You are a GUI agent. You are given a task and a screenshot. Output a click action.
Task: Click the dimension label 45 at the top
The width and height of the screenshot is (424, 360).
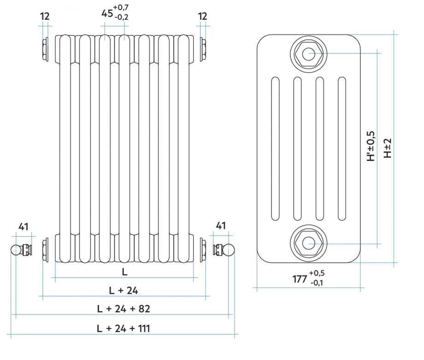[107, 13]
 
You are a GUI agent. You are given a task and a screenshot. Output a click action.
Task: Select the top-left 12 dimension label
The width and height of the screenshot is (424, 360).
[45, 16]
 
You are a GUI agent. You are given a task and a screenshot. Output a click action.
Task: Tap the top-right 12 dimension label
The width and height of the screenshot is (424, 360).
[203, 16]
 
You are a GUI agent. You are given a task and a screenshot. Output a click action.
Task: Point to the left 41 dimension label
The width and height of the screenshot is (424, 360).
[24, 226]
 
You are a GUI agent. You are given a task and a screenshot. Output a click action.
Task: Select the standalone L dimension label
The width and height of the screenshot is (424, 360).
[124, 272]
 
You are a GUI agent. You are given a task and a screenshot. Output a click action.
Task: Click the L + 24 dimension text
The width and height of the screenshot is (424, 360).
[124, 290]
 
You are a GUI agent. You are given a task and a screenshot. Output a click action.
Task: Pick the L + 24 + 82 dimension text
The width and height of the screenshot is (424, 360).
[124, 308]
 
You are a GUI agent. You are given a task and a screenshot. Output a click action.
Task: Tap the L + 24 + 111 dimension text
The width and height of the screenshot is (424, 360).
[124, 328]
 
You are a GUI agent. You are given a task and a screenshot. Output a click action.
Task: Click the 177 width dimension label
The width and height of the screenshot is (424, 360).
[300, 279]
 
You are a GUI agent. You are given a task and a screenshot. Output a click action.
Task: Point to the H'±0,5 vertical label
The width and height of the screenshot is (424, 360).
[371, 146]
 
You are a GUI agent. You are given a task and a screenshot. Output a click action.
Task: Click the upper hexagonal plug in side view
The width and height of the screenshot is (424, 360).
[308, 54]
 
